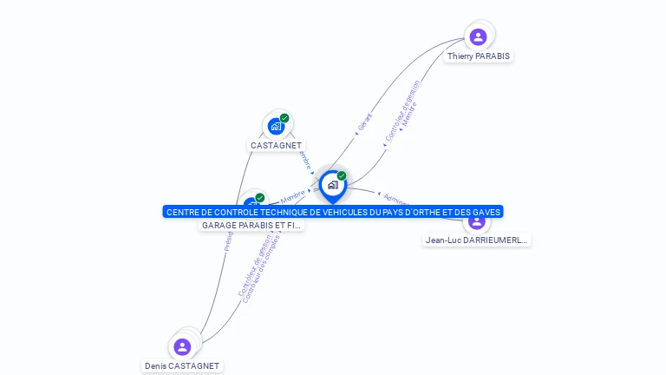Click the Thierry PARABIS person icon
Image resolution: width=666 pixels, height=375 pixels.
(x=478, y=36)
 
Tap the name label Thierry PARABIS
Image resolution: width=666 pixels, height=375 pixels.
(x=479, y=56)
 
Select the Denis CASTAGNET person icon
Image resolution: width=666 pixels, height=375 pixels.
(x=182, y=347)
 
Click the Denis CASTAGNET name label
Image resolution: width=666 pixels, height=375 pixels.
(x=182, y=366)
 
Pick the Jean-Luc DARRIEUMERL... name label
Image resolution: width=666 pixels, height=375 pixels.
(x=477, y=240)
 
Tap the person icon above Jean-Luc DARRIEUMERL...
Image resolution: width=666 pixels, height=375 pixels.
(x=477, y=221)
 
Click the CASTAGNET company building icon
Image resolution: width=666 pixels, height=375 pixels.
(x=276, y=127)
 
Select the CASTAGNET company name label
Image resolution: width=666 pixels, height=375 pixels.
(x=276, y=146)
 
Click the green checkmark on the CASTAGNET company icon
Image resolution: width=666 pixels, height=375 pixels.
(x=284, y=118)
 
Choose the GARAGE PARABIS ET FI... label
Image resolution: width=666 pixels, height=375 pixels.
(x=251, y=226)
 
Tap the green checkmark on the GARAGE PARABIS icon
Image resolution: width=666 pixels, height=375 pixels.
(x=260, y=198)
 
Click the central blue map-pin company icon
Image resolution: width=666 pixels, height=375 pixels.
(x=332, y=185)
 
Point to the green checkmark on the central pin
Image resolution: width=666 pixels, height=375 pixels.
(x=342, y=175)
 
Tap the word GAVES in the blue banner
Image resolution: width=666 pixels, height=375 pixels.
(x=486, y=212)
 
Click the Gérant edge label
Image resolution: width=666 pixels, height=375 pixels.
(x=364, y=122)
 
